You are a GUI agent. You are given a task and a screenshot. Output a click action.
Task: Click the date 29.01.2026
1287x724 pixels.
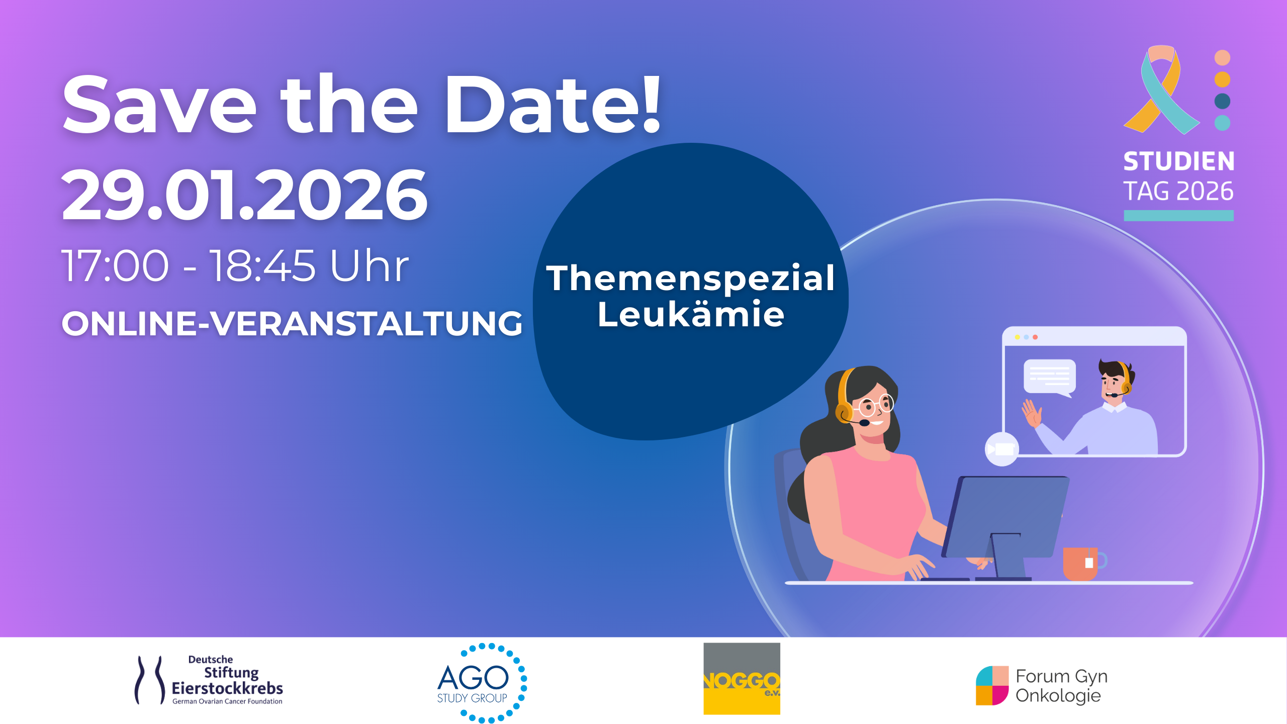tap(244, 195)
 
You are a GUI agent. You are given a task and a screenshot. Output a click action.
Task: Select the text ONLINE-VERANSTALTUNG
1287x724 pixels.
tap(292, 323)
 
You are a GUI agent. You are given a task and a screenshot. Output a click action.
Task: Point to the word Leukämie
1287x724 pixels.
tap(691, 315)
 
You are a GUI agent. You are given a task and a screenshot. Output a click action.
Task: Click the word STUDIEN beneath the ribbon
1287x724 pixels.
tap(1179, 161)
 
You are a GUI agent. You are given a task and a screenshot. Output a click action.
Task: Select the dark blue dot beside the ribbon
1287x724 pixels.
tap(1222, 101)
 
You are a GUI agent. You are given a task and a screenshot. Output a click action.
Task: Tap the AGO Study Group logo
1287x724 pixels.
tap(482, 682)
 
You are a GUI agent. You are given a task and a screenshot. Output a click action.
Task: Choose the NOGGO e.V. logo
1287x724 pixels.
tap(742, 678)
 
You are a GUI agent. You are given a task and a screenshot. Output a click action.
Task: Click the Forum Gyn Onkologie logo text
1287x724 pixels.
tap(1061, 686)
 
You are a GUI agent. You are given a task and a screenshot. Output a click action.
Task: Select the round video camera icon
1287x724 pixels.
tap(1001, 449)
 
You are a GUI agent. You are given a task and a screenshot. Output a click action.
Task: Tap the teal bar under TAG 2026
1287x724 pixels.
tap(1179, 216)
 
